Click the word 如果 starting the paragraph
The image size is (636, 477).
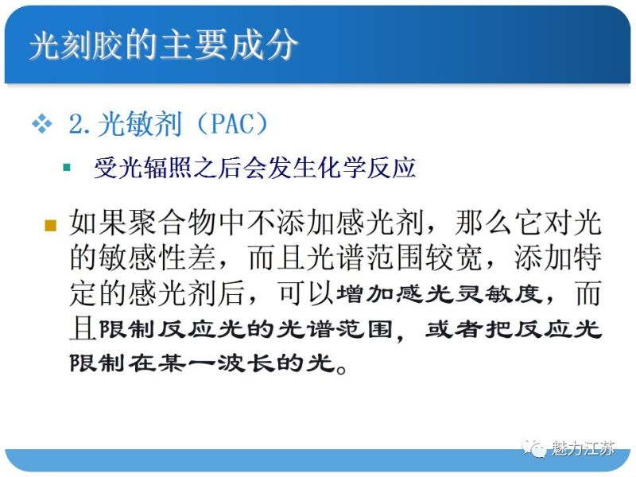coord(96,223)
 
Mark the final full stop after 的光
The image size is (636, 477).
coord(340,368)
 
